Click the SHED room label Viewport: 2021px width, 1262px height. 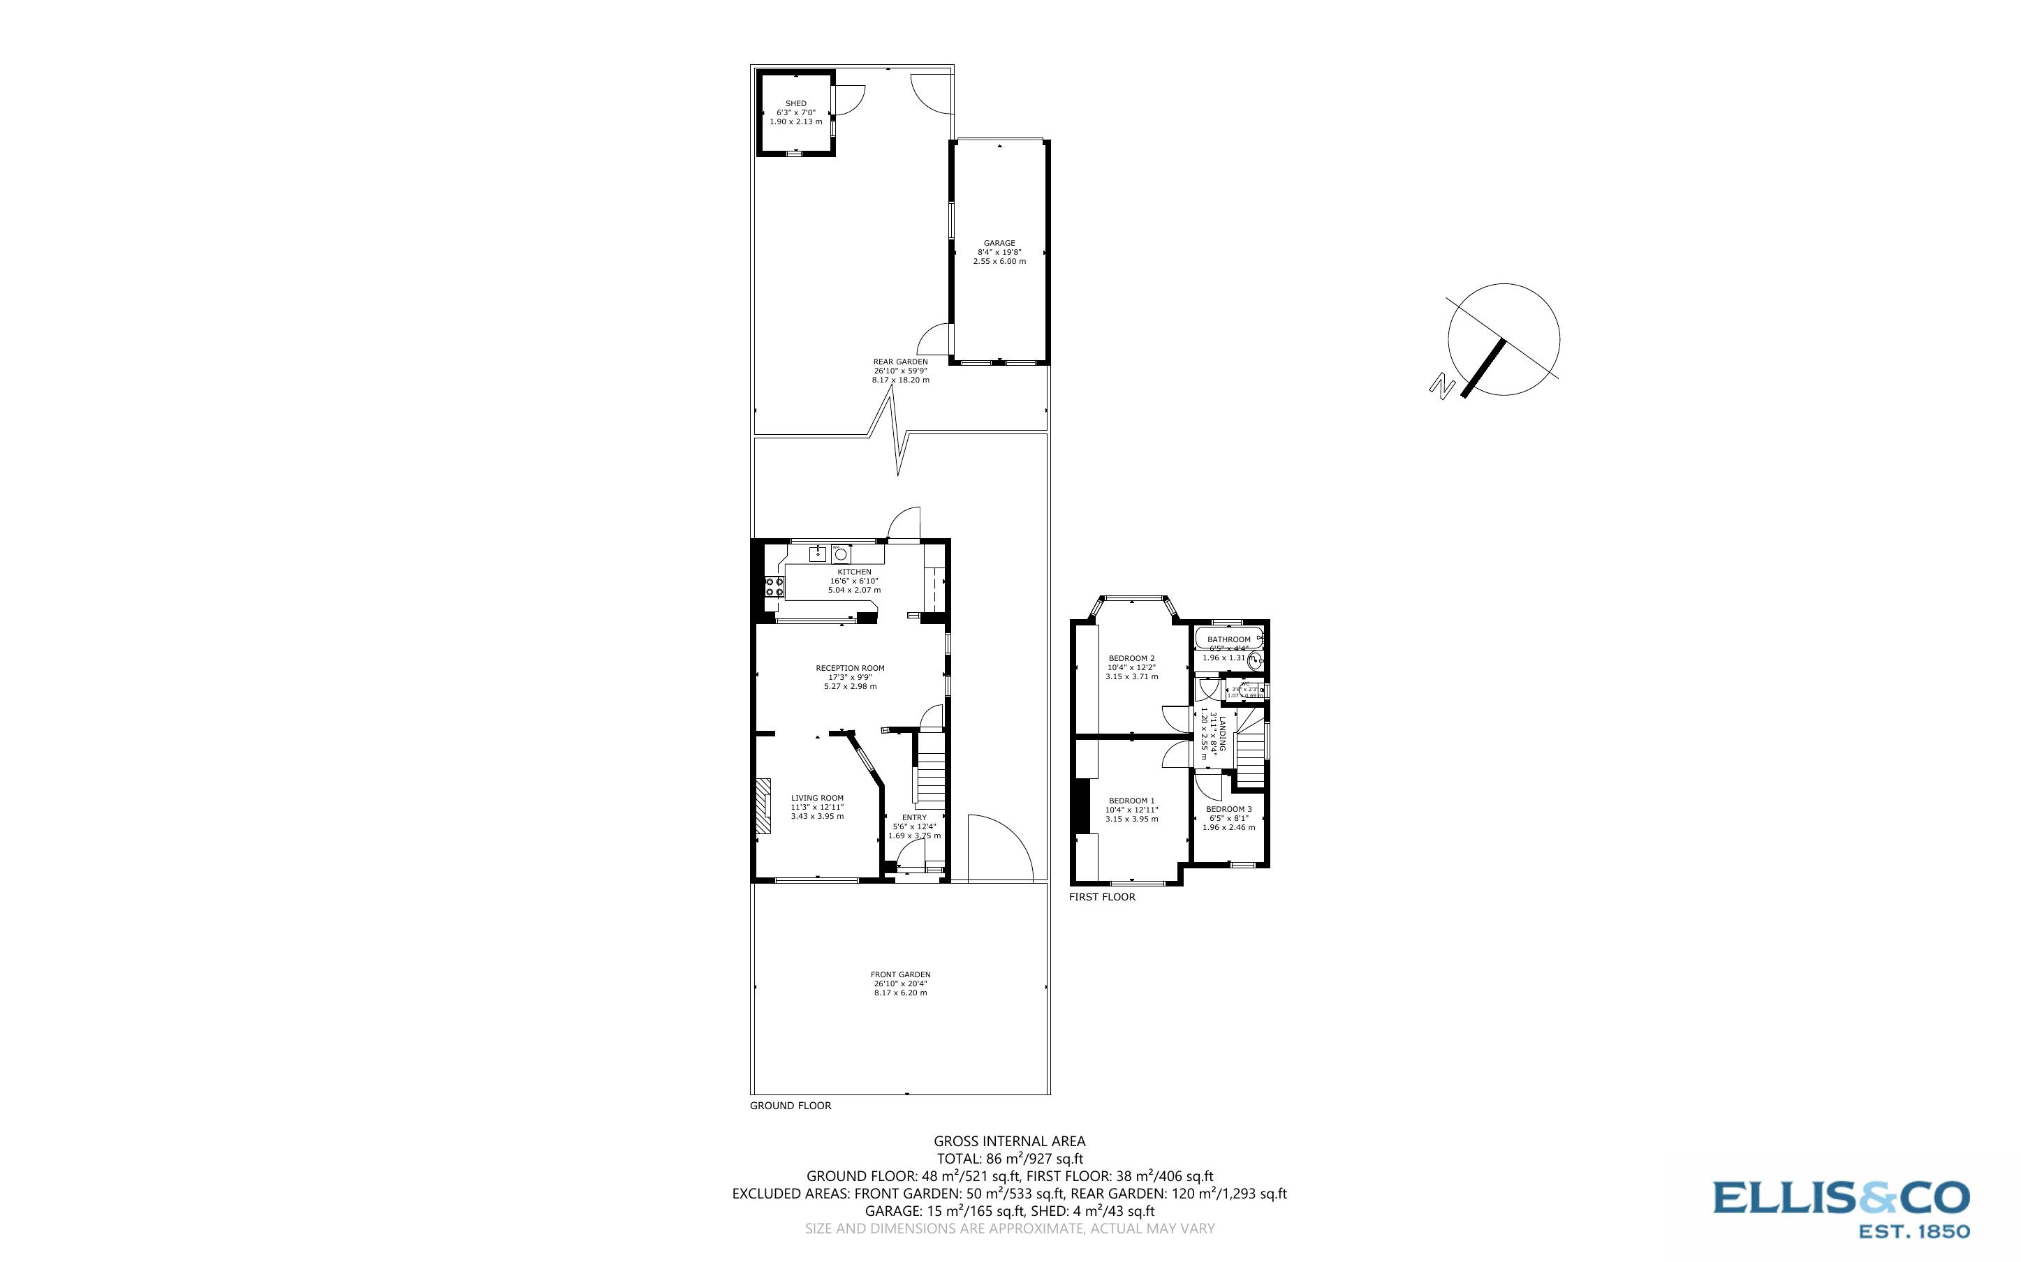795,103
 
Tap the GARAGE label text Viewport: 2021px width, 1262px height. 999,244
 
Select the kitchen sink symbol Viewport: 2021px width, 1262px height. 818,554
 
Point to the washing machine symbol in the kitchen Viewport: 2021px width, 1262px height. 842,554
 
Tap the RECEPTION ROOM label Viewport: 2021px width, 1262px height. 850,668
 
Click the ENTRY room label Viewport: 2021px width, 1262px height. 914,817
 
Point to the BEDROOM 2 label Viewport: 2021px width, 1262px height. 1131,658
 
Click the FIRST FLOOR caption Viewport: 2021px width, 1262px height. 1102,897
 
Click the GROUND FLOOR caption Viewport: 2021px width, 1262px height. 790,1105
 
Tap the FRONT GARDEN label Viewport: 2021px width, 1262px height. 900,974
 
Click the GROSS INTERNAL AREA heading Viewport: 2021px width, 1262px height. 1008,1141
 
